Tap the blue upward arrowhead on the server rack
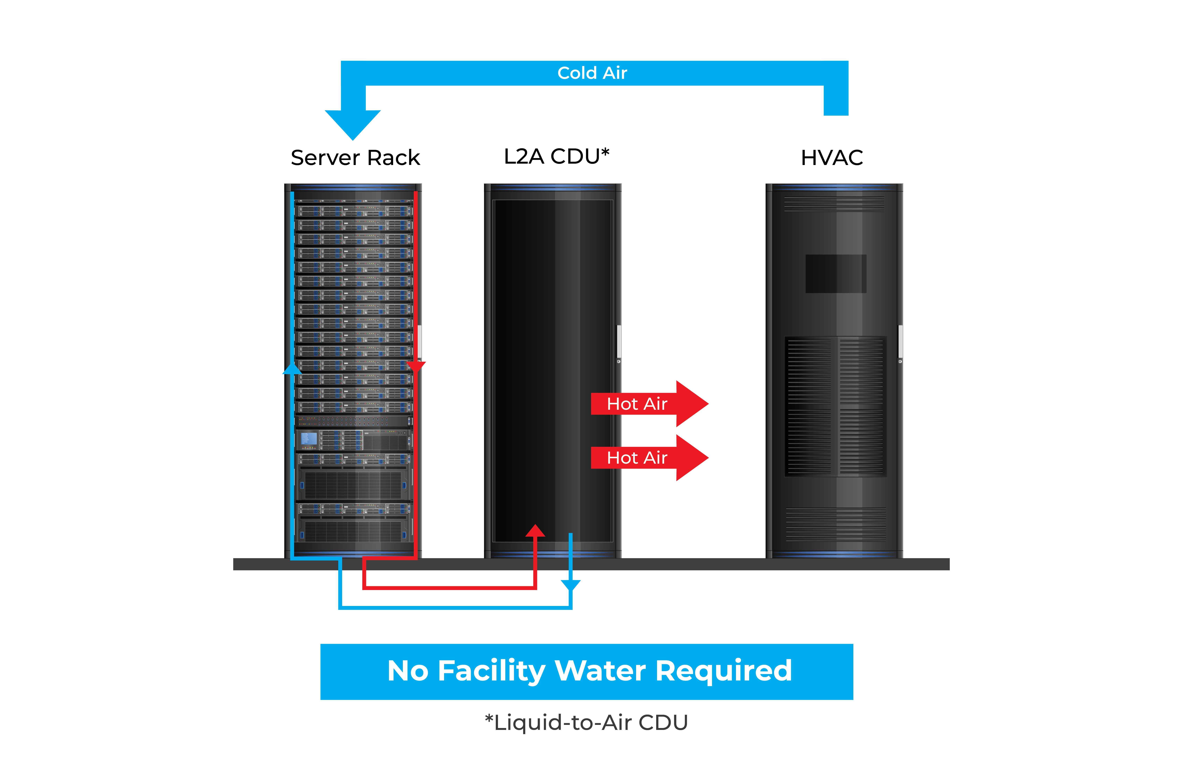(292, 369)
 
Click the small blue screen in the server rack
(308, 439)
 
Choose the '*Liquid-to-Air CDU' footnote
(586, 722)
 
